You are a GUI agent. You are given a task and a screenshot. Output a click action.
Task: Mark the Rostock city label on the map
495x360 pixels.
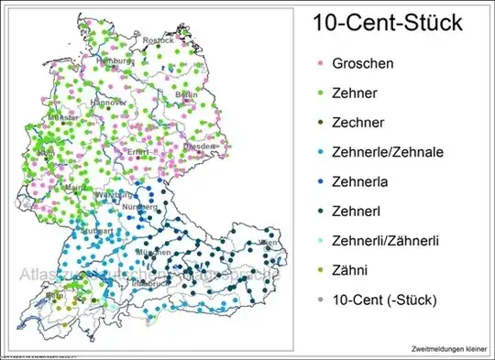(157, 40)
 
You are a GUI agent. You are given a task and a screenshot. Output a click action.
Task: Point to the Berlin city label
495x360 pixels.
(187, 94)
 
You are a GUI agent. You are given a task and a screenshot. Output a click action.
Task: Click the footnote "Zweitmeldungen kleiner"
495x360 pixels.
(449, 349)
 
